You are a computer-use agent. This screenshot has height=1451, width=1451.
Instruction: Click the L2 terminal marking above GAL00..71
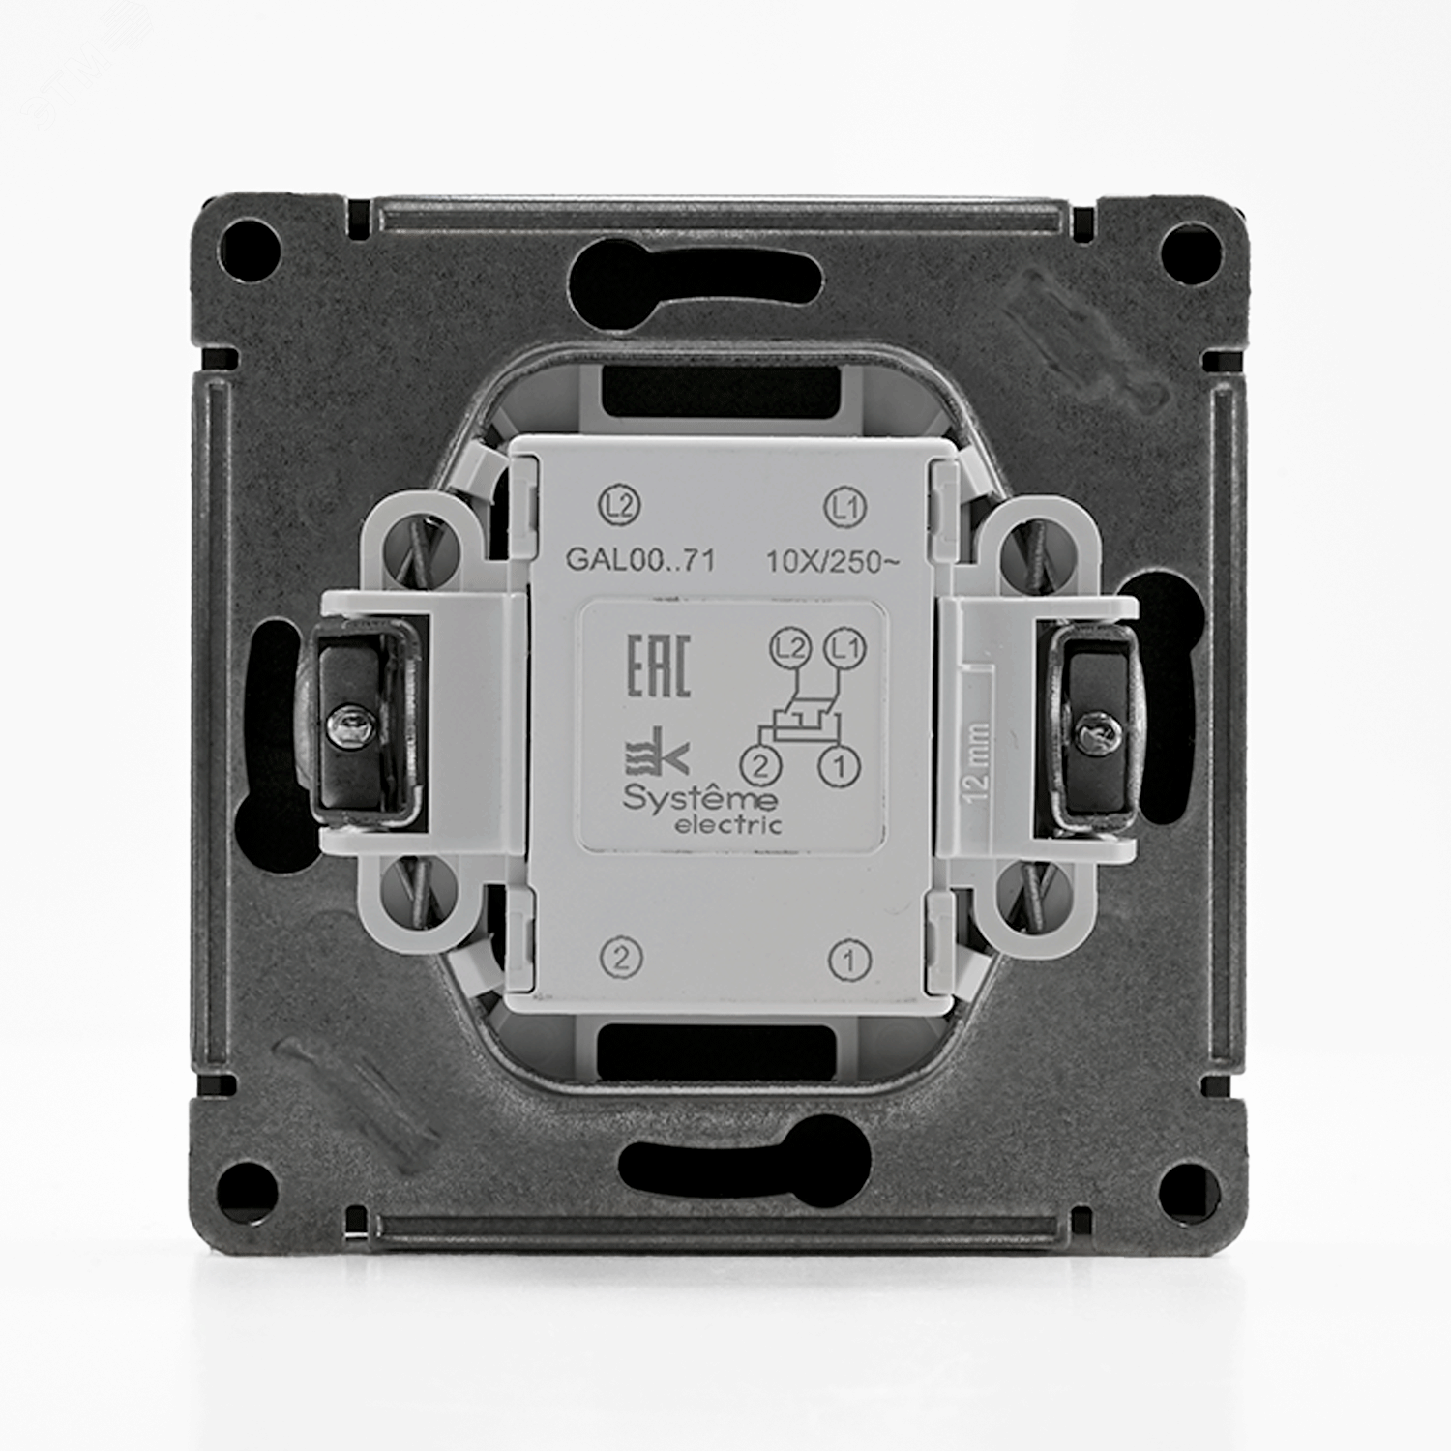(x=620, y=506)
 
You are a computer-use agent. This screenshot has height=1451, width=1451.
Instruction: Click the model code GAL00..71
(x=640, y=561)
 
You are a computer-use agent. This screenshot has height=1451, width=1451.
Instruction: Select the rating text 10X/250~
(x=833, y=561)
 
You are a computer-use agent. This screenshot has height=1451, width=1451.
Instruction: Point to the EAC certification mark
(x=659, y=666)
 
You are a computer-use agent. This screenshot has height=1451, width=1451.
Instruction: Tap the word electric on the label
(x=741, y=825)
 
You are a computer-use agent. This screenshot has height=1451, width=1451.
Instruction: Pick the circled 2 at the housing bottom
(x=621, y=959)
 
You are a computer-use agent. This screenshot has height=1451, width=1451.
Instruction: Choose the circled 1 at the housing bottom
(x=849, y=961)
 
